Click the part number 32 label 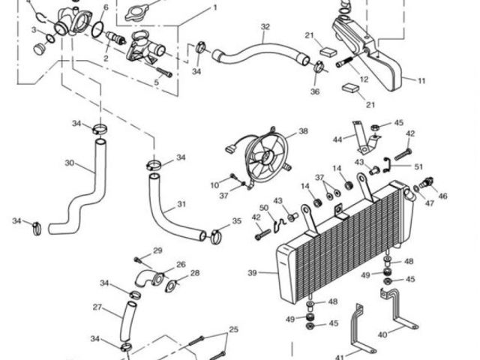tap(265, 27)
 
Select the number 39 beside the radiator tap(253, 271)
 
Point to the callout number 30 tap(69, 163)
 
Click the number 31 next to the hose tap(181, 204)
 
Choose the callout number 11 tap(421, 79)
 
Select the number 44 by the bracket tap(337, 139)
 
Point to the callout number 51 tap(418, 166)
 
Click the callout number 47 tap(429, 202)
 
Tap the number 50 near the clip tap(263, 208)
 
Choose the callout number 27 tap(97, 307)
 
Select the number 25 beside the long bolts tap(232, 329)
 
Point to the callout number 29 tap(157, 250)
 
